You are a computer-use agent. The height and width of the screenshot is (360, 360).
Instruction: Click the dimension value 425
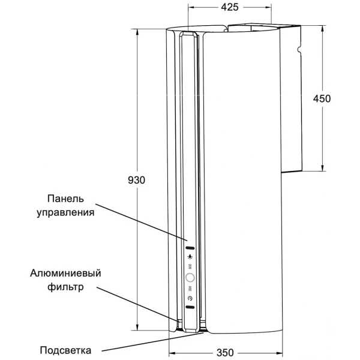coord(230,7)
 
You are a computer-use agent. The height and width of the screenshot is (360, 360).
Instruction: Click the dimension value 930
coord(136,180)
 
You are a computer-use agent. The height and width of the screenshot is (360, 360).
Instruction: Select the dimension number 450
coord(322,99)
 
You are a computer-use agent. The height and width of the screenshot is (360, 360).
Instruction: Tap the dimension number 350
coord(225,353)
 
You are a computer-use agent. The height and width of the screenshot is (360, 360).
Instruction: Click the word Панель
coord(65,199)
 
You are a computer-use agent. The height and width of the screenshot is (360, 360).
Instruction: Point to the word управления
coord(65,212)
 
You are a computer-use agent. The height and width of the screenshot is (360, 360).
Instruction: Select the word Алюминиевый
coord(65,273)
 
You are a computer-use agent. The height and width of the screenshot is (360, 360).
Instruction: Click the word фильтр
coord(65,287)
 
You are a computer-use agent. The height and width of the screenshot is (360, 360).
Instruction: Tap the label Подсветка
coord(65,350)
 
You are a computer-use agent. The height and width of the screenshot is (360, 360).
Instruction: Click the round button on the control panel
coord(190,278)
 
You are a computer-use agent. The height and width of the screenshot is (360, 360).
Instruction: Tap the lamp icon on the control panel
coord(190,257)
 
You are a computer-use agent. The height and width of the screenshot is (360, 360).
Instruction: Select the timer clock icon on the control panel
coord(190,298)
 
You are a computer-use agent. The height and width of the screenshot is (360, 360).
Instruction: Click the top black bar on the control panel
coord(190,248)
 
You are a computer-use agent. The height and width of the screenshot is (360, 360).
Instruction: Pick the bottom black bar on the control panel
coord(190,307)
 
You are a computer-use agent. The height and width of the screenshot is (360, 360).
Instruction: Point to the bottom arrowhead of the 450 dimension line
coord(323,168)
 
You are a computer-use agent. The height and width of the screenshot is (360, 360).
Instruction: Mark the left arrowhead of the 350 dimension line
coord(172,353)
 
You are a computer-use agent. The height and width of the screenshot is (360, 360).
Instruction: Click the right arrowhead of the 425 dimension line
coord(268,7)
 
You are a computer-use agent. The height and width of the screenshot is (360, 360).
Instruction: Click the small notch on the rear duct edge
coord(298,49)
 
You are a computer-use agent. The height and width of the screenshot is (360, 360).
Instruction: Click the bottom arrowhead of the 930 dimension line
coord(137,327)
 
